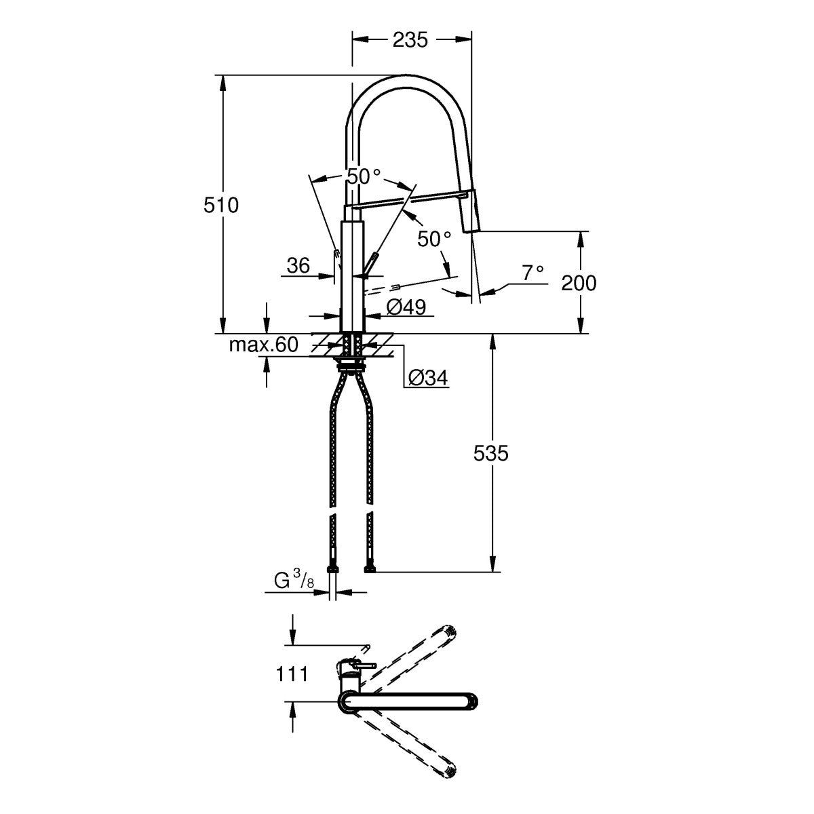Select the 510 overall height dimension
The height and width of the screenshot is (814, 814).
(221, 204)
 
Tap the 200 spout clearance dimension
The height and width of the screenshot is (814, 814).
(579, 282)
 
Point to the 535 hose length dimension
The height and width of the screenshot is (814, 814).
(490, 452)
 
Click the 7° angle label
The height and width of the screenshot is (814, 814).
(532, 273)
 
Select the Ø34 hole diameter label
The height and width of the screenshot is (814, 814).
(429, 377)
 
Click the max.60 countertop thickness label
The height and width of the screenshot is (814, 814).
(263, 345)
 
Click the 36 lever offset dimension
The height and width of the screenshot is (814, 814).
(298, 265)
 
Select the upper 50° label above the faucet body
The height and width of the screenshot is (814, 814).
(364, 176)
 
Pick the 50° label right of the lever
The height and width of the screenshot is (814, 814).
(434, 239)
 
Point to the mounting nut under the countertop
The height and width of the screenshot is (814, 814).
(352, 367)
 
